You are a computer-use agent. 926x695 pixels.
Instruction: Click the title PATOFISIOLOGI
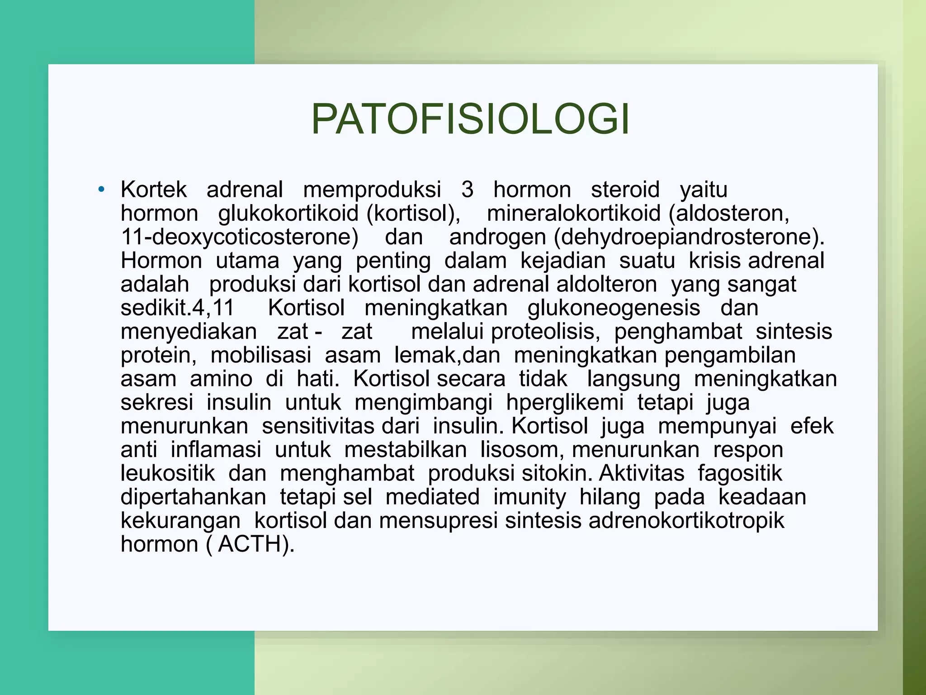(470, 119)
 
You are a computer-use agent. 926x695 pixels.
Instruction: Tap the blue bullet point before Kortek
(101, 189)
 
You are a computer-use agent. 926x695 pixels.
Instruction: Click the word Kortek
(153, 189)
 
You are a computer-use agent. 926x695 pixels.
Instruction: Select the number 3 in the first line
(467, 189)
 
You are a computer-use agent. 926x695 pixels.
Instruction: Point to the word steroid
(625, 189)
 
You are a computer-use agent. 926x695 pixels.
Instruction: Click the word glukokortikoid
(288, 213)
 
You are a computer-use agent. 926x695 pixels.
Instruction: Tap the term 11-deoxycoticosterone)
(240, 237)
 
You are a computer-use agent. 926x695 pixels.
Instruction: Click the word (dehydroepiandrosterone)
(689, 237)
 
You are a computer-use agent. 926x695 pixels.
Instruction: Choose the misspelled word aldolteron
(606, 284)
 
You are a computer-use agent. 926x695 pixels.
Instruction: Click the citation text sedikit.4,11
(177, 308)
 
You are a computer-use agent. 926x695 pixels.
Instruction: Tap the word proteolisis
(545, 332)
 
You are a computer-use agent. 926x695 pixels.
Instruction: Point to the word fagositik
(739, 473)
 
